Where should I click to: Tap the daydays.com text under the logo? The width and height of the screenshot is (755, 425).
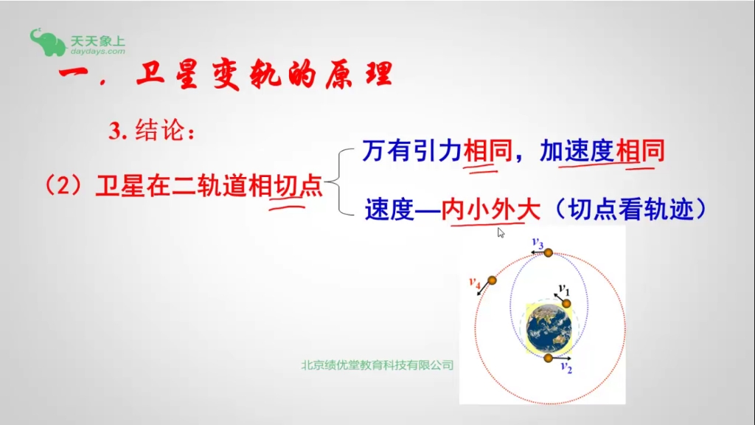98,52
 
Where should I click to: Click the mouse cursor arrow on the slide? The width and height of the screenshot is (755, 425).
501,233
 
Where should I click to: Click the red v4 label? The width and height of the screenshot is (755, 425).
475,282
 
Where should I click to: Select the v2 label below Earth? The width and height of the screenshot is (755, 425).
566,367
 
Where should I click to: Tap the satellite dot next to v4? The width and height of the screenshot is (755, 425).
493,281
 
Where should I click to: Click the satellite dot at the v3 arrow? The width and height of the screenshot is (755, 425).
548,253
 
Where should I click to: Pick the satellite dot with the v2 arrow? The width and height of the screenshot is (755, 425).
548,359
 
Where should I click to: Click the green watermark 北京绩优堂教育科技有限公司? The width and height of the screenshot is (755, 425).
377,365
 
